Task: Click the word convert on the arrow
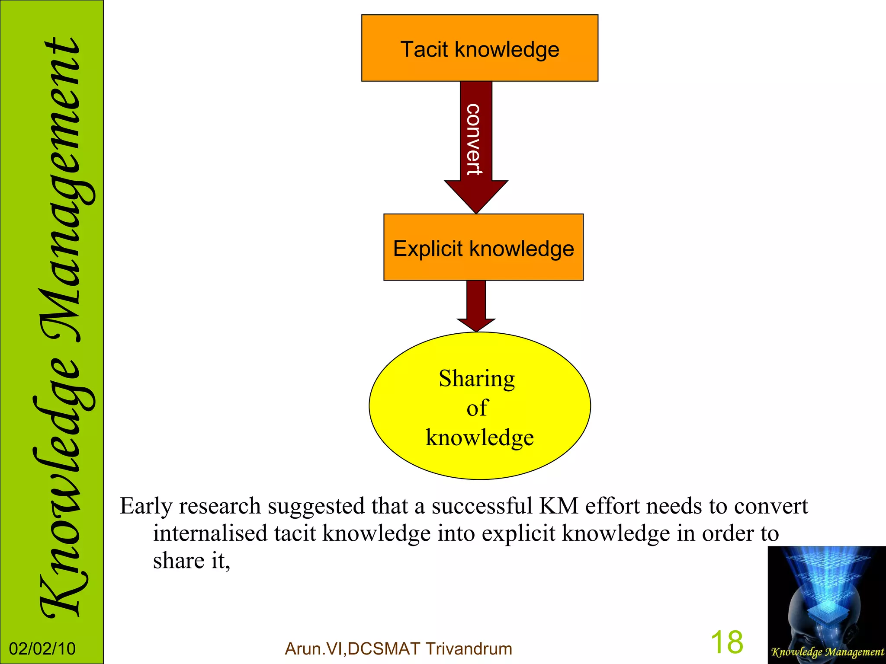pyautogui.click(x=474, y=139)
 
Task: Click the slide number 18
pyautogui.click(x=727, y=642)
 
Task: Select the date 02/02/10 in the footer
pyautogui.click(x=42, y=649)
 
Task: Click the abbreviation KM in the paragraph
pyautogui.click(x=559, y=506)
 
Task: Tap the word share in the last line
pyautogui.click(x=178, y=561)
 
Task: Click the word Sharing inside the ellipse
pyautogui.click(x=477, y=379)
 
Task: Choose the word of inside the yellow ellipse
pyautogui.click(x=477, y=408)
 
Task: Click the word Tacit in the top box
pyautogui.click(x=424, y=49)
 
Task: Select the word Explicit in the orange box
pyautogui.click(x=428, y=249)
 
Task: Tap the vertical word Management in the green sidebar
pyautogui.click(x=61, y=190)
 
